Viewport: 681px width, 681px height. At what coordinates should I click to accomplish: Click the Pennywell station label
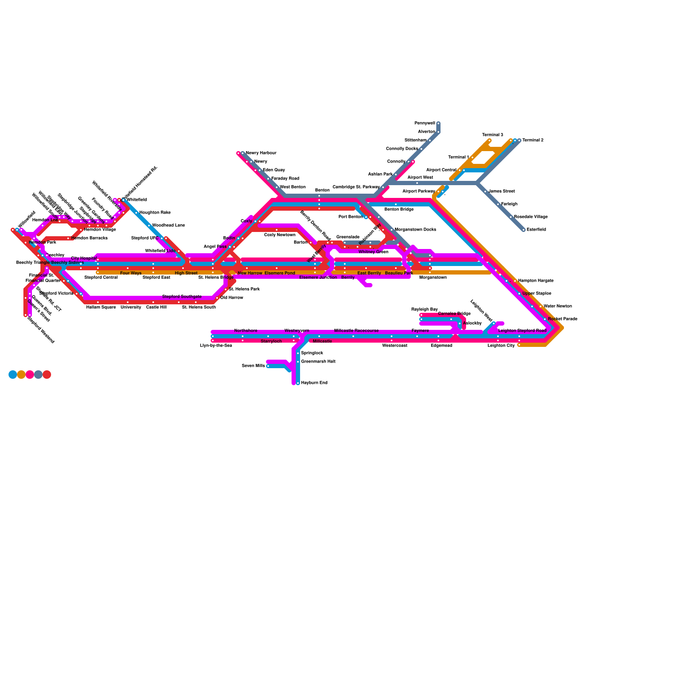[425, 123]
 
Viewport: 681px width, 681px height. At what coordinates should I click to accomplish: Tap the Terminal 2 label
[533, 140]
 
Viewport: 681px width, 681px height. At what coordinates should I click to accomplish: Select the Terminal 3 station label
[492, 135]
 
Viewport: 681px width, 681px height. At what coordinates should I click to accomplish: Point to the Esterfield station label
[536, 230]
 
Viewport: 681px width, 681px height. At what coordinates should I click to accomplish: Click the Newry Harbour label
[261, 153]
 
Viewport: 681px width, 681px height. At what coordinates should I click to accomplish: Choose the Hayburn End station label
[314, 383]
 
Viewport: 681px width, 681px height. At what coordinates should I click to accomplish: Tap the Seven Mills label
[253, 366]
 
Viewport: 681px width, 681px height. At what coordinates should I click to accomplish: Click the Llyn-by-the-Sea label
[216, 346]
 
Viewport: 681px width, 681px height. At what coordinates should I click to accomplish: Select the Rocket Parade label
[563, 319]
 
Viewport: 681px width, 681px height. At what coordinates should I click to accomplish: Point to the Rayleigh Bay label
[424, 309]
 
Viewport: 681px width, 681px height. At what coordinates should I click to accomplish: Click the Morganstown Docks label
[415, 230]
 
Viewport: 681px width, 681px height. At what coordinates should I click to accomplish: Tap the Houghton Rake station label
[155, 213]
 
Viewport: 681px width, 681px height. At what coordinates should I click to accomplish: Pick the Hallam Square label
[101, 307]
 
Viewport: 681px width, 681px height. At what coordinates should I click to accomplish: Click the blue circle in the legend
[13, 375]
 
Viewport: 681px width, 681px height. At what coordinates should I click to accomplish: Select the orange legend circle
[21, 375]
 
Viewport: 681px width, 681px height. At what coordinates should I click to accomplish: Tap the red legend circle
[47, 375]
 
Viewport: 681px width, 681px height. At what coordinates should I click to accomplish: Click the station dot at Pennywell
[438, 123]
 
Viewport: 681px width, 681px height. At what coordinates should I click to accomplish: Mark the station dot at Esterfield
[524, 230]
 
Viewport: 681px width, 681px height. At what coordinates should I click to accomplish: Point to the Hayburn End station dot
[298, 383]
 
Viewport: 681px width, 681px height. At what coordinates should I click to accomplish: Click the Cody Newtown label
[280, 235]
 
